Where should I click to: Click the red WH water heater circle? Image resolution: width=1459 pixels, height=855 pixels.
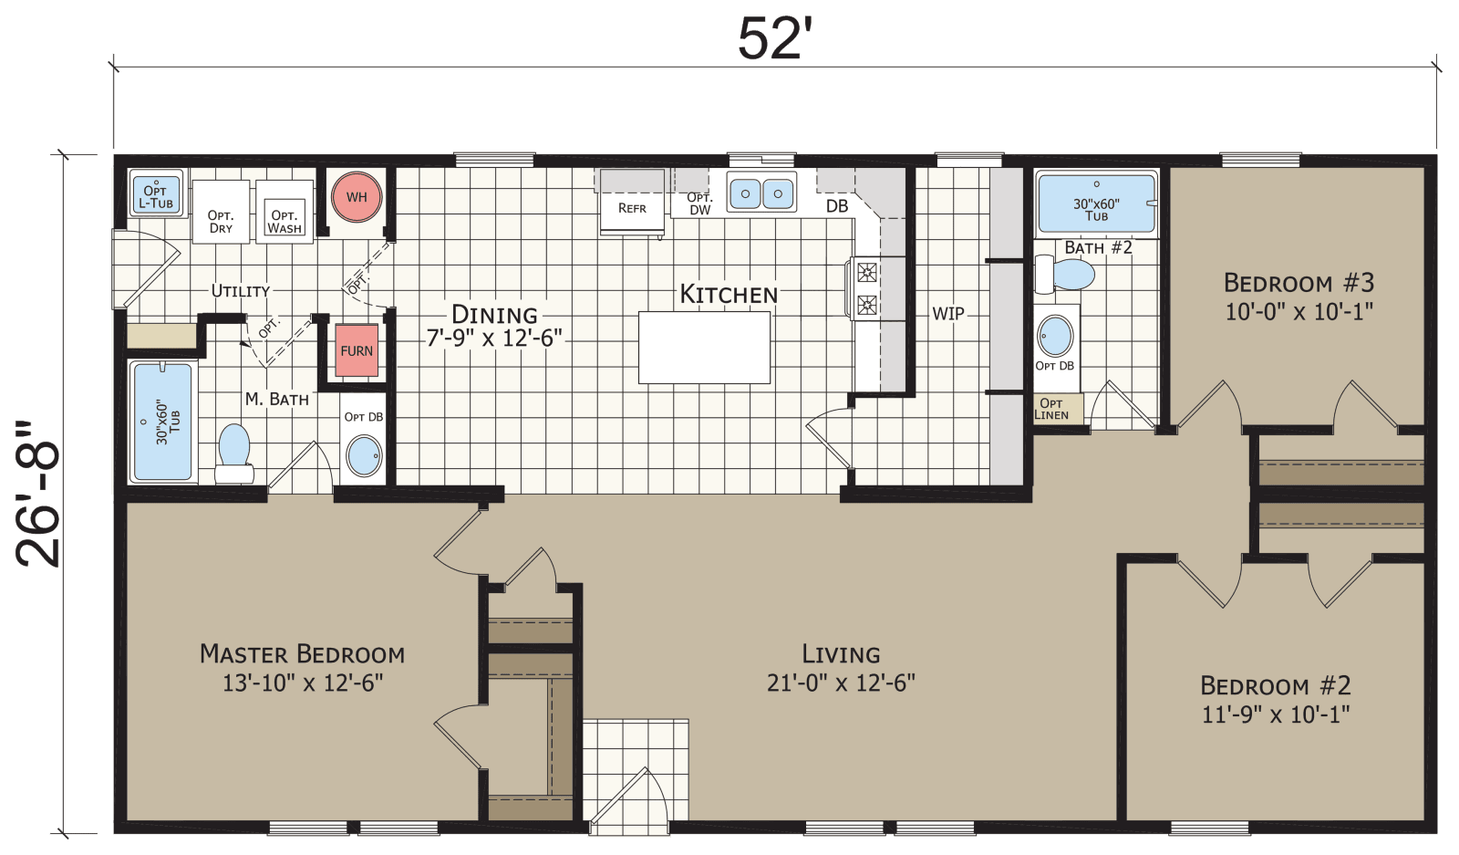point(356,196)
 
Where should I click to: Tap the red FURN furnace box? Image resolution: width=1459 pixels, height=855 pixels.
point(357,350)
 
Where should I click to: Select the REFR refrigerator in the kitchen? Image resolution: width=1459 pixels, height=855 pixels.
point(632,206)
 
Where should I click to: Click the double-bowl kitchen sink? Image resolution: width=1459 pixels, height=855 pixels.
point(761,193)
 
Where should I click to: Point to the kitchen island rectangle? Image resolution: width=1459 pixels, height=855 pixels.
point(704,348)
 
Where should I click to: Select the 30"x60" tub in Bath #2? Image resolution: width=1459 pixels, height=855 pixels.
point(1096,205)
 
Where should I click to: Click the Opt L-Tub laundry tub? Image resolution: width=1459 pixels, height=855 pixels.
point(156,195)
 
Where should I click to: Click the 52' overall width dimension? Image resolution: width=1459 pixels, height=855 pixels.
point(774,39)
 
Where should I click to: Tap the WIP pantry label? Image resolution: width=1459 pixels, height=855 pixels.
point(947,313)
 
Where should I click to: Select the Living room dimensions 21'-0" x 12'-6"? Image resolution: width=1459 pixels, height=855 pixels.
point(841,683)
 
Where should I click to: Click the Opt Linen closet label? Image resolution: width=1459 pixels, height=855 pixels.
point(1051,409)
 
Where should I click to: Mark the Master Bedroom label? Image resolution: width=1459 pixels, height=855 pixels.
point(302,653)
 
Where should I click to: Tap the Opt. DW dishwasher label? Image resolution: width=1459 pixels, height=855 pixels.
point(699,203)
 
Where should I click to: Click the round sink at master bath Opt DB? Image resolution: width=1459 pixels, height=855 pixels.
point(364,455)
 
